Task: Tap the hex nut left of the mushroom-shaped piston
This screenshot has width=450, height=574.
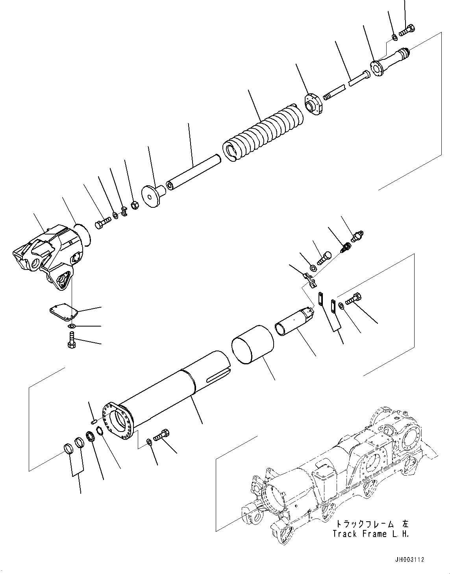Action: coord(134,205)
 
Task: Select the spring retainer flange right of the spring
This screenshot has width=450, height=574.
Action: coord(314,103)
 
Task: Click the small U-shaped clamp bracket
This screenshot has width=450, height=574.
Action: coord(311,280)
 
